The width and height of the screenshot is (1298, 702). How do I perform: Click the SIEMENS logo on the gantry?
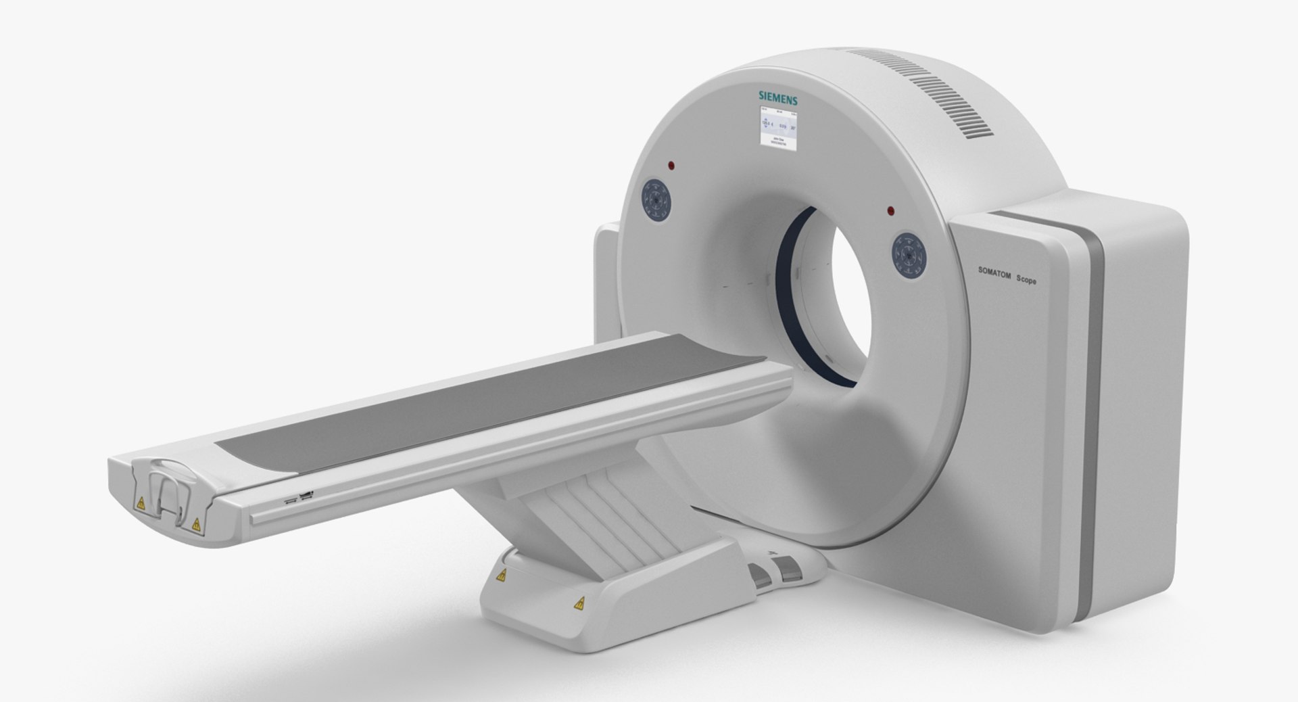[x=777, y=99]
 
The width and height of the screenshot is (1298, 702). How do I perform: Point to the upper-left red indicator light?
[x=671, y=165]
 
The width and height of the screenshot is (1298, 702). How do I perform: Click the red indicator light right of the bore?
[x=891, y=210]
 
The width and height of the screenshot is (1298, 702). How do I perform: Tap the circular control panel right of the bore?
[x=908, y=255]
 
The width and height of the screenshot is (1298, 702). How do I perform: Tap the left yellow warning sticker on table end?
[x=141, y=503]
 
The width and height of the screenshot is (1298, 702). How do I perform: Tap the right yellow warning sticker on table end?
[x=196, y=523]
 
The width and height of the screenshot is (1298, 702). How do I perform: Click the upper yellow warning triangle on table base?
[x=501, y=576]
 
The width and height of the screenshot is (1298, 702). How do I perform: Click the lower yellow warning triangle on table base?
[x=579, y=603]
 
